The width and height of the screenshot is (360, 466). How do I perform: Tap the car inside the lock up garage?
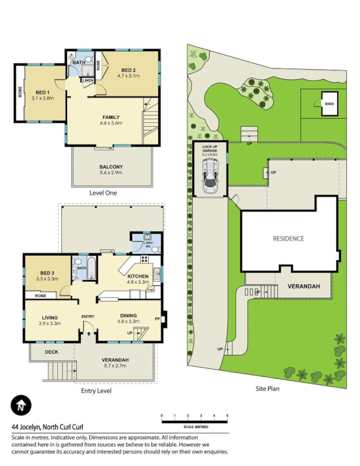click(x=210, y=178)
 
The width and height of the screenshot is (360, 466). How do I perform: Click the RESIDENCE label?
click(x=289, y=238)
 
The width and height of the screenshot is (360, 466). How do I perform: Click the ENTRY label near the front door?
click(x=88, y=316)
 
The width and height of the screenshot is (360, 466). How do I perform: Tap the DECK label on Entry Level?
click(x=52, y=352)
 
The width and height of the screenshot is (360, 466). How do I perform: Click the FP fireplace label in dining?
click(x=157, y=319)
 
